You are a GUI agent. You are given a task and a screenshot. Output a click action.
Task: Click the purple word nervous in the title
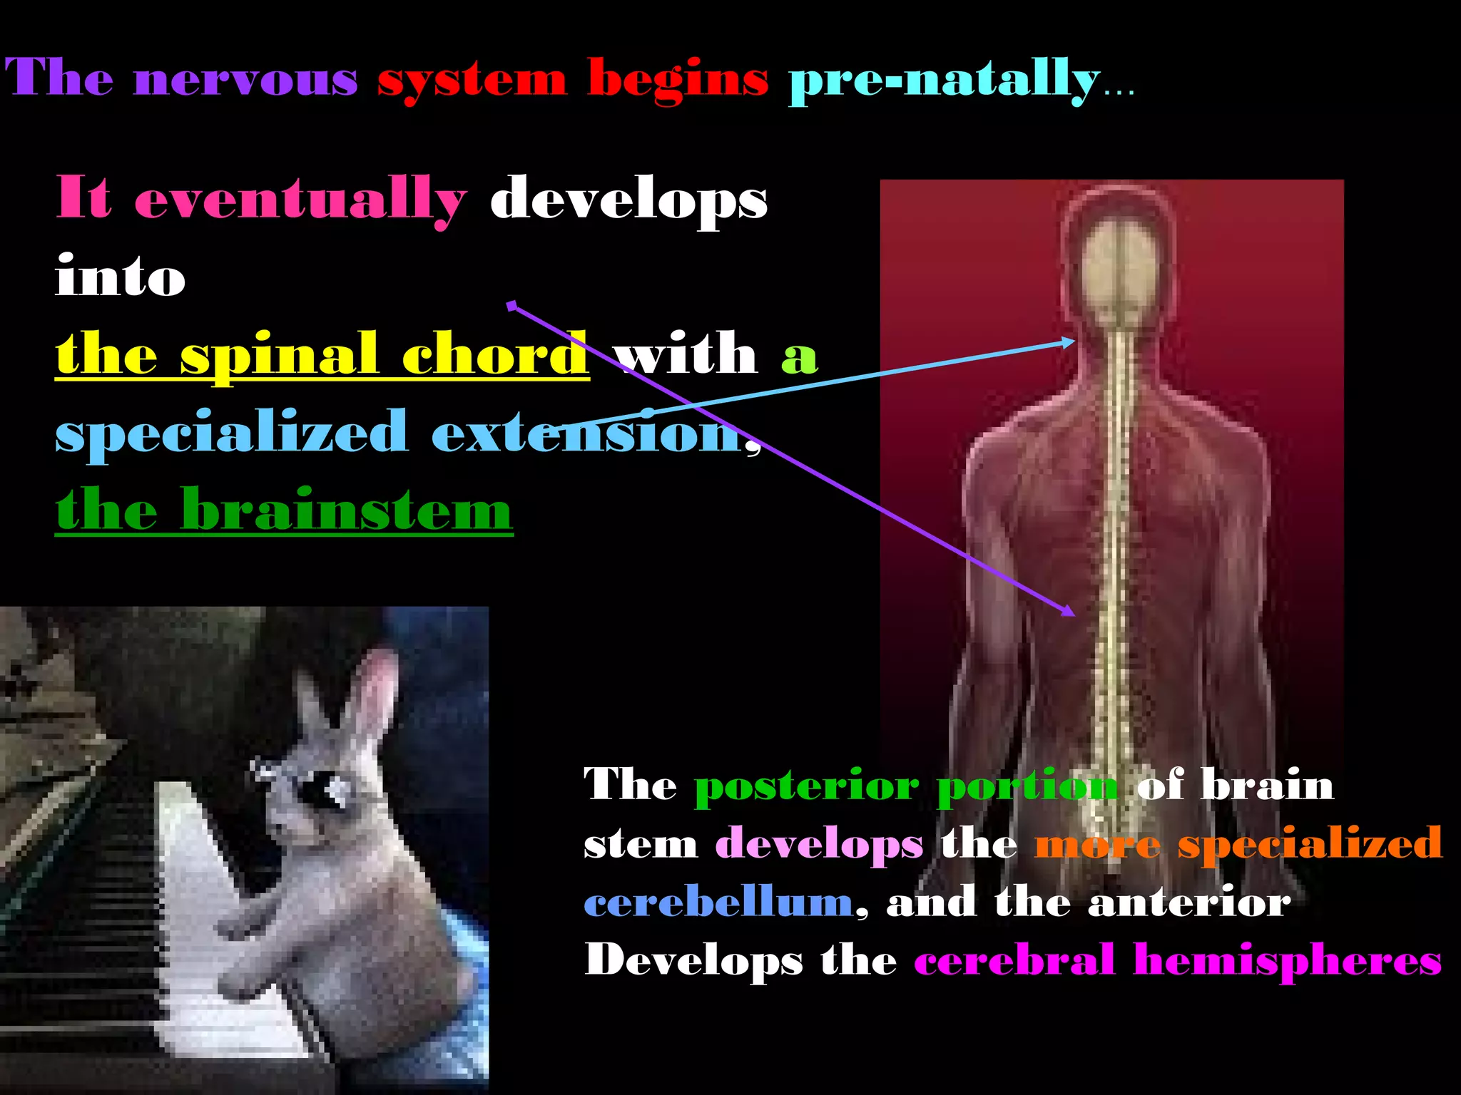click(245, 80)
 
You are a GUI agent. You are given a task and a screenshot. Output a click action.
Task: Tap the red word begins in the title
click(678, 80)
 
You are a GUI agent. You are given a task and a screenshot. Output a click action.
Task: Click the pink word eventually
click(300, 200)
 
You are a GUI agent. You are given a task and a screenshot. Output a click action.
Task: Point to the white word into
click(120, 277)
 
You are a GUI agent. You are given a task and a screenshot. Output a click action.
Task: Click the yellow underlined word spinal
click(278, 354)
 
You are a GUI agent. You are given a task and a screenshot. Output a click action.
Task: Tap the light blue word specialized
click(232, 433)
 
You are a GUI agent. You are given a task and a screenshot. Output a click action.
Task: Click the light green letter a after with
click(799, 356)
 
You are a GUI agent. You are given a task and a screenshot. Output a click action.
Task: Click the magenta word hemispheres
click(1288, 961)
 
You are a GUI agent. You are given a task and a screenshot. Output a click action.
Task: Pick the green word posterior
click(807, 786)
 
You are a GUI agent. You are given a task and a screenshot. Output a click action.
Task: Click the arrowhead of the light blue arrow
click(1070, 342)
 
